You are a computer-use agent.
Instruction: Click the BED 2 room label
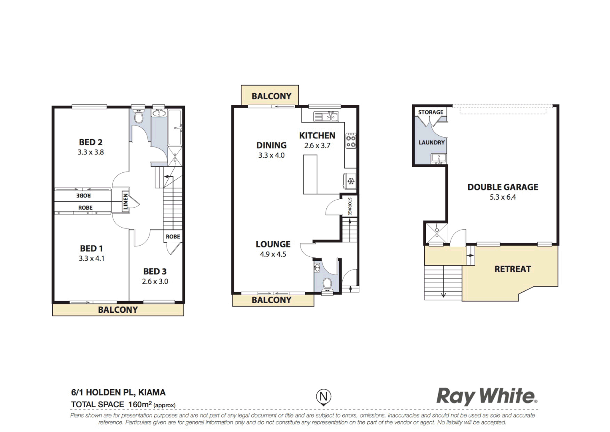coord(91,142)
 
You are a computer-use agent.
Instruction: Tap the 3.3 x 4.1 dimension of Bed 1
coord(91,258)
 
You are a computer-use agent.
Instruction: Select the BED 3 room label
coord(155,272)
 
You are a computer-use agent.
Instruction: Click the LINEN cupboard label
coord(125,202)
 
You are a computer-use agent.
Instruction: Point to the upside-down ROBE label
coord(83,195)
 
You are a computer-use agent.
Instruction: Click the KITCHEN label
coord(317,136)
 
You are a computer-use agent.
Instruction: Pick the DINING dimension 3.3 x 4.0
coord(271,155)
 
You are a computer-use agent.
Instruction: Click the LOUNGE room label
coord(273,244)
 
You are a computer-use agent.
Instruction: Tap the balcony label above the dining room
coord(271,96)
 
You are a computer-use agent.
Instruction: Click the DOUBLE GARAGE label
coord(503,187)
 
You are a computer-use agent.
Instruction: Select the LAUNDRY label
coord(431,142)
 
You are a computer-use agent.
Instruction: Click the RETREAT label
coord(513,269)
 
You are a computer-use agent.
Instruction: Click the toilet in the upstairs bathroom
coord(139,117)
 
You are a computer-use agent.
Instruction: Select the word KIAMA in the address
coord(152,392)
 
